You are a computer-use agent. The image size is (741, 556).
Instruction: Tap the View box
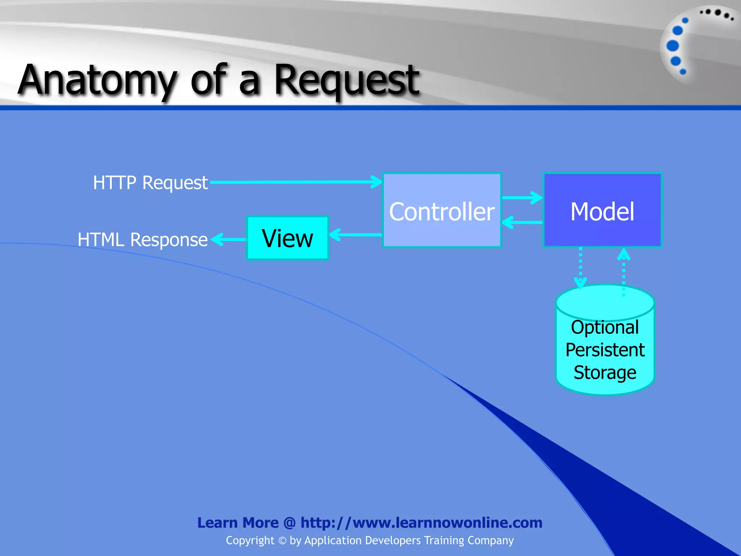(x=288, y=238)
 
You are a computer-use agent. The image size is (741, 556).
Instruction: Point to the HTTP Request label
(x=150, y=182)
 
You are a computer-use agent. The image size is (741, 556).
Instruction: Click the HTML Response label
(x=143, y=240)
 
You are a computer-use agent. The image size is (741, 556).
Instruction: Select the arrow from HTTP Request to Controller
(x=295, y=182)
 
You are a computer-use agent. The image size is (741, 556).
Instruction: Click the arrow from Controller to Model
(x=522, y=198)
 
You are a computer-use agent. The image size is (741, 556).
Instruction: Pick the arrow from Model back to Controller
(x=522, y=222)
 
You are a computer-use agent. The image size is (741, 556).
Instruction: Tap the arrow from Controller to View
(x=355, y=235)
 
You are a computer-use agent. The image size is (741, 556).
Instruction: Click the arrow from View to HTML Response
(x=229, y=239)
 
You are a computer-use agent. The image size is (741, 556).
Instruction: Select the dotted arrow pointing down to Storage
(x=580, y=268)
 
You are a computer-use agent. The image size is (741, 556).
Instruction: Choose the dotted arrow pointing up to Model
(x=623, y=271)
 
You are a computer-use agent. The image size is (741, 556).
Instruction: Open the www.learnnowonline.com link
(x=422, y=523)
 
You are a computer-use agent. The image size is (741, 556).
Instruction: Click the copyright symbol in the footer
(x=282, y=541)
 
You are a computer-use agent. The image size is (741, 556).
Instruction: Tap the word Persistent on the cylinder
(x=605, y=350)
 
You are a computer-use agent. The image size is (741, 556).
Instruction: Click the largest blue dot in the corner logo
(x=673, y=46)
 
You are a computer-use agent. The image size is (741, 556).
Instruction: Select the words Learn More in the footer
(x=238, y=523)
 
